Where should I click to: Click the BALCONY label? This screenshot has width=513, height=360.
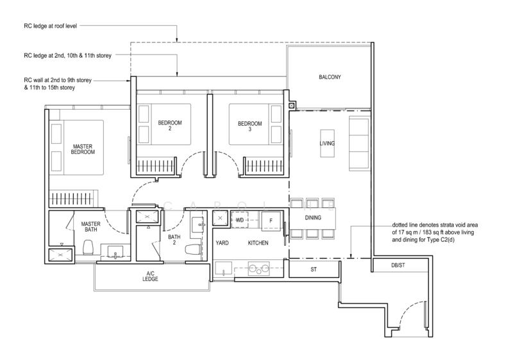(330, 77)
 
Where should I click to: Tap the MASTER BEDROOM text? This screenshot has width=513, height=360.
(83, 150)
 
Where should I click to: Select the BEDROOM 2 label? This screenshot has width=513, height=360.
(170, 126)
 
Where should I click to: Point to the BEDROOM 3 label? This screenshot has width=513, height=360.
(249, 126)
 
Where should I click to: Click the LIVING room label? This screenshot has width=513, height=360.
(327, 143)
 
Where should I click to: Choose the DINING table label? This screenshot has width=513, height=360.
(313, 218)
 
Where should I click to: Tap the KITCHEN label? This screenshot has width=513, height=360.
(258, 243)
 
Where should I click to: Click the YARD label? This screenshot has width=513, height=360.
(222, 243)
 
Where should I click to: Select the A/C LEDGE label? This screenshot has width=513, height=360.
(150, 276)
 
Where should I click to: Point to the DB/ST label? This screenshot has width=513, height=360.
(398, 266)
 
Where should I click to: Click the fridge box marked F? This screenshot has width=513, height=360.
(271, 220)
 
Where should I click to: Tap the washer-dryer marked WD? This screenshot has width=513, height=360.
(240, 220)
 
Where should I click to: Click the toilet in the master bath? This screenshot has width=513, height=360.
(88, 248)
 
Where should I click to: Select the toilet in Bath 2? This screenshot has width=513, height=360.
(193, 250)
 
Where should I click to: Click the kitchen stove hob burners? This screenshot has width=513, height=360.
(259, 268)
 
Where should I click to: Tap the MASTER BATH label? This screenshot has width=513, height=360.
(90, 227)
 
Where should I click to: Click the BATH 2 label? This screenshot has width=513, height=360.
(174, 239)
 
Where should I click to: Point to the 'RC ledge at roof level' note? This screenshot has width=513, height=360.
(51, 26)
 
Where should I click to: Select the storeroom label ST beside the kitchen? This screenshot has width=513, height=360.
(314, 270)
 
